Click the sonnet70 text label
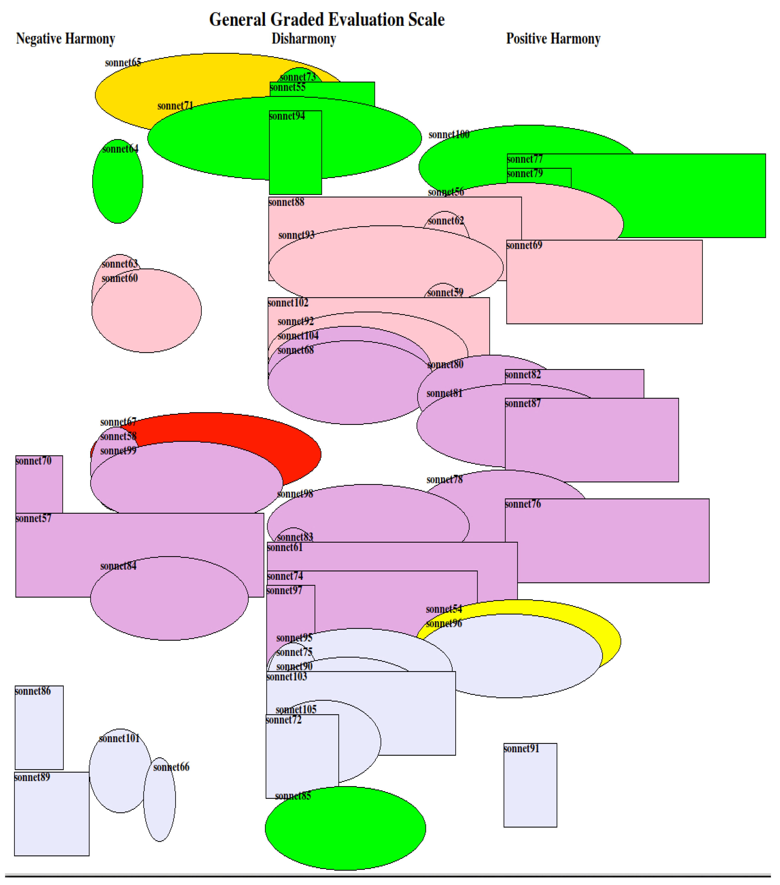(33, 461)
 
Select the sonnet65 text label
(123, 63)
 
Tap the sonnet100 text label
(449, 135)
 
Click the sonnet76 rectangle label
(523, 504)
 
